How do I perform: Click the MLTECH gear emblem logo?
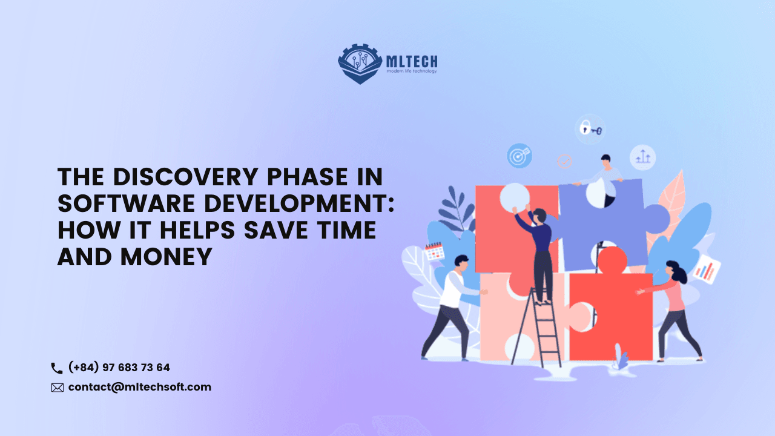pos(360,64)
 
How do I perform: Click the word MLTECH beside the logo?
pos(412,62)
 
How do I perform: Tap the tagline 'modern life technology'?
pos(412,71)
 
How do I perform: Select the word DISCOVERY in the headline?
pos(185,177)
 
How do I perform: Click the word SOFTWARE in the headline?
pos(127,203)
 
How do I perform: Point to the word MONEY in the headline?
pos(166,257)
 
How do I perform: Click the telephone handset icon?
pos(57,368)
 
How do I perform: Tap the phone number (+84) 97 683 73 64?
pos(119,367)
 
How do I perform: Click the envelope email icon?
pos(58,388)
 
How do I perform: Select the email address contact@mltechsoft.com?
pos(140,387)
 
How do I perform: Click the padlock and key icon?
pos(590,129)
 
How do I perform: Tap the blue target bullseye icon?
pos(519,156)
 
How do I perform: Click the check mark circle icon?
pos(565,161)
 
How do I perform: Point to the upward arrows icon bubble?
pos(642,158)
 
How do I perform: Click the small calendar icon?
pos(435,251)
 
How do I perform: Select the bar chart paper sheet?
pos(707,269)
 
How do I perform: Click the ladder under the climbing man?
pos(536,327)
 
